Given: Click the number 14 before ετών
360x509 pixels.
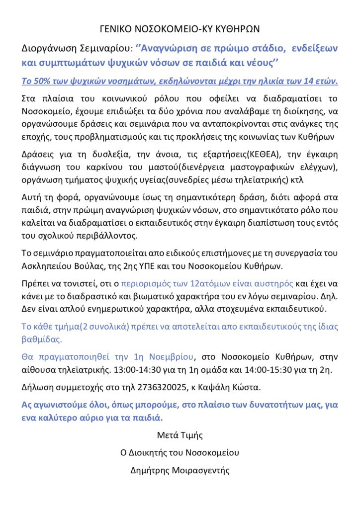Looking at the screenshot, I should coord(306,81).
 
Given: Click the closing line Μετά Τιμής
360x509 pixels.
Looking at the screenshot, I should coord(180,435).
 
